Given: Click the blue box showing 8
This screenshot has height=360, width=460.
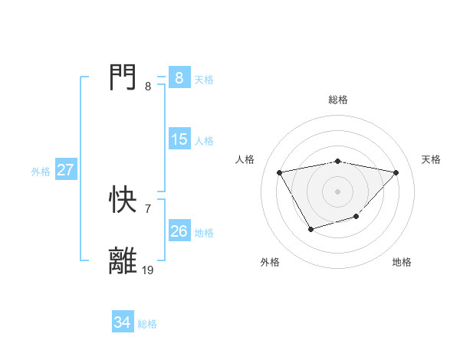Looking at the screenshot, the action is (179, 77).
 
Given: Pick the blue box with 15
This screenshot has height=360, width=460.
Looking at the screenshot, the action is (179, 139).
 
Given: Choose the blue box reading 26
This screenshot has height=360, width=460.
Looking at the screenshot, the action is (179, 231).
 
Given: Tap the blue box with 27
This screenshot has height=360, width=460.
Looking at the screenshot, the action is (65, 170).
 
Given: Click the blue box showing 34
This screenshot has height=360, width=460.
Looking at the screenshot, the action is (123, 323).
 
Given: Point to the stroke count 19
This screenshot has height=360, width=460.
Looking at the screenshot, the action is (148, 270).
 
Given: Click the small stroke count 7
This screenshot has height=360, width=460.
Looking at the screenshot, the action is (147, 208).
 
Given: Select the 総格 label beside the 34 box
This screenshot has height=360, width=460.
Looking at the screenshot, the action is (147, 324).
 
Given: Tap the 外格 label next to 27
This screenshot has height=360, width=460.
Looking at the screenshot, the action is (41, 172).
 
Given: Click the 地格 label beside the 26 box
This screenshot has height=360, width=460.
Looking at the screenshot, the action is (204, 233).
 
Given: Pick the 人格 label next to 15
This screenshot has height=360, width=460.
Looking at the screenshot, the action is (204, 141).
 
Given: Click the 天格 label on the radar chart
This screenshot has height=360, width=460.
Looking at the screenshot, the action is (431, 159).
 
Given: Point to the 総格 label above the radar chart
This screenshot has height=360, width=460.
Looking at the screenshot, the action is (337, 100).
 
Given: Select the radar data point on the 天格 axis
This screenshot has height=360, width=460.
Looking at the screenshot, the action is (396, 172).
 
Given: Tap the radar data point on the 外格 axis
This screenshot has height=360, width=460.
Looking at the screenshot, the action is (310, 229).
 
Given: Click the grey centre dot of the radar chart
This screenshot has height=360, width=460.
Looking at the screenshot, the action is (337, 191).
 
